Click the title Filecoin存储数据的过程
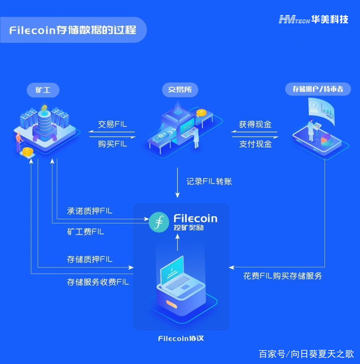(73, 30)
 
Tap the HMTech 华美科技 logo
(313, 20)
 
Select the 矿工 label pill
(43, 90)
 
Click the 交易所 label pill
(180, 90)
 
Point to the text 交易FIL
(112, 124)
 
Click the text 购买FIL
(112, 144)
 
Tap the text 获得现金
(255, 124)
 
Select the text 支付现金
(255, 144)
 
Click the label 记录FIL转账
(209, 181)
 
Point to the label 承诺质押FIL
(90, 211)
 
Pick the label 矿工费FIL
(85, 232)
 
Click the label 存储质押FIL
(90, 259)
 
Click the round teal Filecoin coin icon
(159, 223)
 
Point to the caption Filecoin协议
(181, 339)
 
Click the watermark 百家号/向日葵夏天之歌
(306, 353)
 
